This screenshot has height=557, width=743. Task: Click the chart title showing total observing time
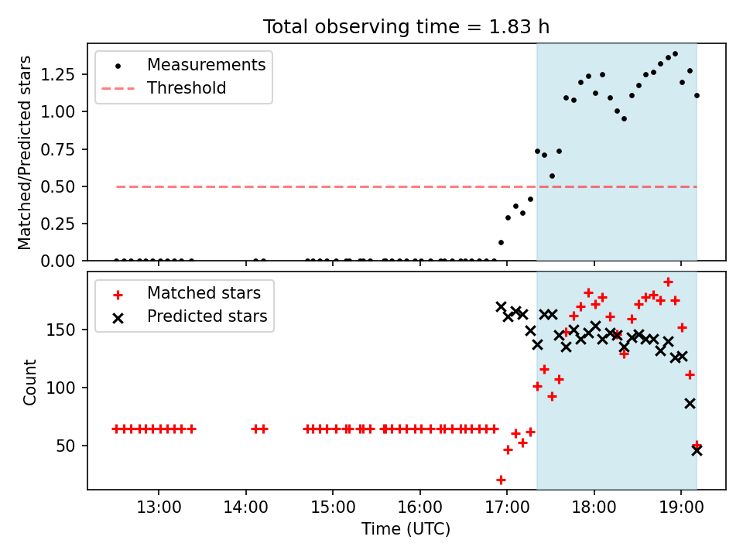click(406, 26)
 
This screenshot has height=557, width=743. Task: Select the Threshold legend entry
click(163, 88)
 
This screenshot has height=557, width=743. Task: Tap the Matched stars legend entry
click(187, 293)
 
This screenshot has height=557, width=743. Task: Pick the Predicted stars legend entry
click(190, 316)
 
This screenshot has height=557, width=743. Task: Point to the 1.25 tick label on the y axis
click(57, 74)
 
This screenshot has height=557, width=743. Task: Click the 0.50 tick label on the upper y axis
click(57, 186)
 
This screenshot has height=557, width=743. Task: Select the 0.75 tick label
click(57, 149)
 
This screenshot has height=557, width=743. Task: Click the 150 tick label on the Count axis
click(60, 330)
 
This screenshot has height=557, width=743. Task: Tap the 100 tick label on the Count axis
click(60, 388)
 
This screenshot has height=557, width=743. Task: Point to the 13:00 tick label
click(159, 507)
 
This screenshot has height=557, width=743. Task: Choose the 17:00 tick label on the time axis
click(507, 507)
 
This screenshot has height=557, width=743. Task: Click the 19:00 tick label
click(681, 507)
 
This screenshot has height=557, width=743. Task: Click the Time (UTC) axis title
click(406, 528)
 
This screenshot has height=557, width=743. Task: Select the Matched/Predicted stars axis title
click(24, 152)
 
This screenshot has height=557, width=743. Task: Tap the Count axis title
click(29, 382)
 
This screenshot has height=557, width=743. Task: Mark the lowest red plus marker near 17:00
click(501, 480)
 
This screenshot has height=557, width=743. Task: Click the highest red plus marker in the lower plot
click(668, 282)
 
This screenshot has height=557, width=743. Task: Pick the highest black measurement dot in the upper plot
click(675, 54)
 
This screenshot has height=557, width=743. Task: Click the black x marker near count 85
click(690, 404)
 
